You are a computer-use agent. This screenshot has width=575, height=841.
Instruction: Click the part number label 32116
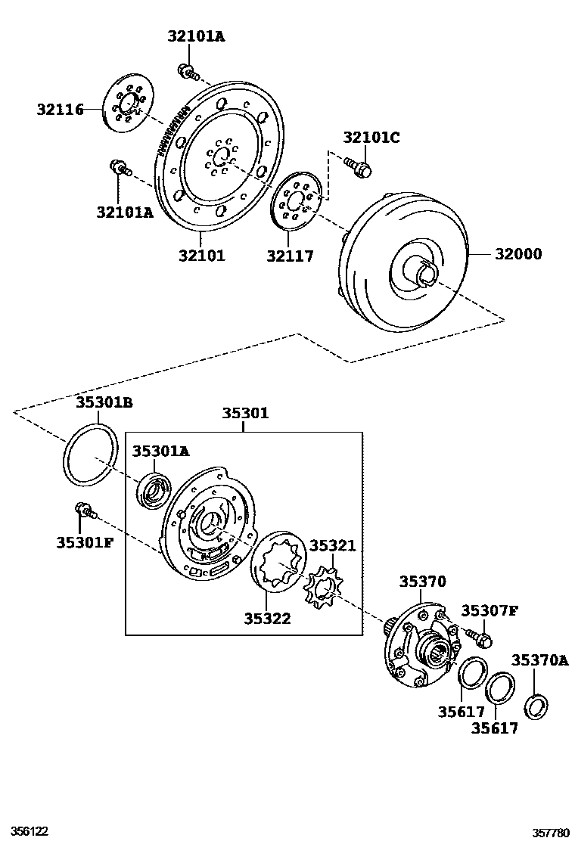click(60, 109)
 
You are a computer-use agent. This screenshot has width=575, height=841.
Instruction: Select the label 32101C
click(371, 138)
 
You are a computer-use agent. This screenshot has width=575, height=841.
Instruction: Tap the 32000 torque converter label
click(518, 254)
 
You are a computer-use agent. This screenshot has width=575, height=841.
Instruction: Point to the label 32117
click(290, 256)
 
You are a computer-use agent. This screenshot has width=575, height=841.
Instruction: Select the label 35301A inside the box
click(160, 452)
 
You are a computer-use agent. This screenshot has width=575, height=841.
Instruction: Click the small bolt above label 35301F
click(83, 512)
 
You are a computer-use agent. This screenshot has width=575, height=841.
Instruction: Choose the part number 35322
click(267, 619)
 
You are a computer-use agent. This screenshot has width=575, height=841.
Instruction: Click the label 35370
click(423, 582)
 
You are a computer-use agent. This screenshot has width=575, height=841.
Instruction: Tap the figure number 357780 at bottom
click(550, 832)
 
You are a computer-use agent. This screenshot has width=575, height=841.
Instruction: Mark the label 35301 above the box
click(245, 414)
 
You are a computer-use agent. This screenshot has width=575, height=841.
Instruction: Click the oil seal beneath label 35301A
click(154, 489)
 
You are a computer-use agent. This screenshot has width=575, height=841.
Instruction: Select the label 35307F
click(490, 610)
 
